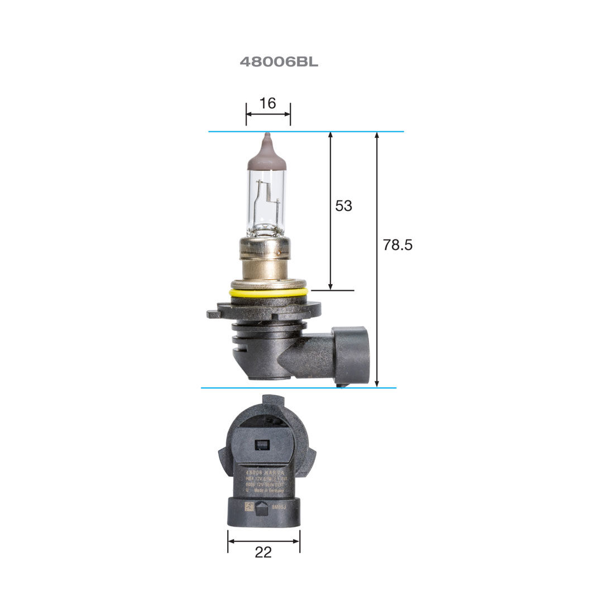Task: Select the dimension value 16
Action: [x=268, y=103]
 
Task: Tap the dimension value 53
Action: [x=343, y=206]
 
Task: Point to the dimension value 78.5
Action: [x=397, y=245]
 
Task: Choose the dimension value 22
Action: [x=263, y=552]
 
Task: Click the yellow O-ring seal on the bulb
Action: [x=267, y=292]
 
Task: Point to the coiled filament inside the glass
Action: [x=270, y=195]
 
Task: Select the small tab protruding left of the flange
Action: [x=213, y=314]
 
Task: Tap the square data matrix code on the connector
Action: [x=249, y=506]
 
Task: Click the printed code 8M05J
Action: [x=279, y=507]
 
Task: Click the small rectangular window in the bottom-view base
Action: [x=261, y=445]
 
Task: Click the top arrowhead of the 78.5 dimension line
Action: [x=378, y=136]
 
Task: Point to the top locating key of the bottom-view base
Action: [x=272, y=401]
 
